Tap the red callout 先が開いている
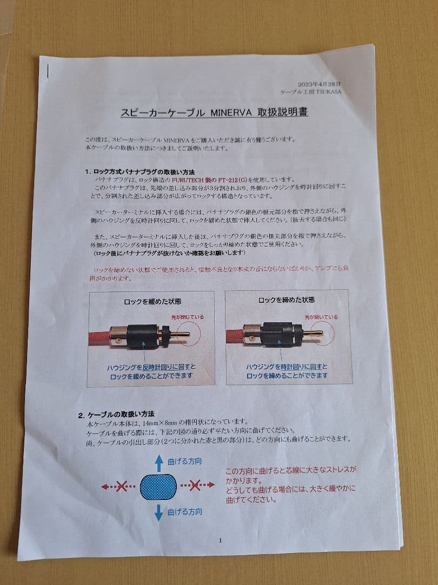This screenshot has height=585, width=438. (x=321, y=317)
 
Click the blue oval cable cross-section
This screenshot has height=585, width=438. (x=158, y=485)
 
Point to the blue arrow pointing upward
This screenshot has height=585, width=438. (x=159, y=461)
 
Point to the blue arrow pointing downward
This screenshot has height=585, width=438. (x=158, y=511)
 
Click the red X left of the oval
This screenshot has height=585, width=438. (x=123, y=486)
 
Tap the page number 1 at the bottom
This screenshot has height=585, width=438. (x=220, y=540)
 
